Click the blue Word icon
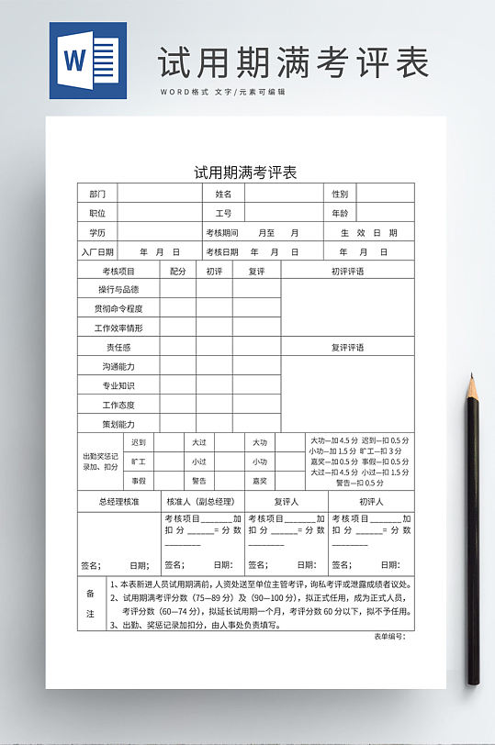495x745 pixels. click(x=88, y=61)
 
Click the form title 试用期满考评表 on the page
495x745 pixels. click(x=244, y=172)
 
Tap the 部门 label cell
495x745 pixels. click(x=97, y=194)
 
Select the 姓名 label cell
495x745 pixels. click(x=223, y=194)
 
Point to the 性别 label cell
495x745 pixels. click(x=340, y=194)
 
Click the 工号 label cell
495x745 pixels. click(x=223, y=213)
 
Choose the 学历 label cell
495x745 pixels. click(x=97, y=232)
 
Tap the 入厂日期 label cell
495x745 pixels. click(x=97, y=251)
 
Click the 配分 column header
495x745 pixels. click(x=178, y=271)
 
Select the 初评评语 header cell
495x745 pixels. click(x=347, y=271)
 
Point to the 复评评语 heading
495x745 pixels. click(x=347, y=347)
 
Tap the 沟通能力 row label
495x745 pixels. click(x=118, y=366)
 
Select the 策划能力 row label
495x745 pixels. click(x=118, y=424)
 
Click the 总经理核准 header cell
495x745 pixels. click(x=118, y=502)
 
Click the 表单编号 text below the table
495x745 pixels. click(x=388, y=637)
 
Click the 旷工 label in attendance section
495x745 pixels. click(x=139, y=461)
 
